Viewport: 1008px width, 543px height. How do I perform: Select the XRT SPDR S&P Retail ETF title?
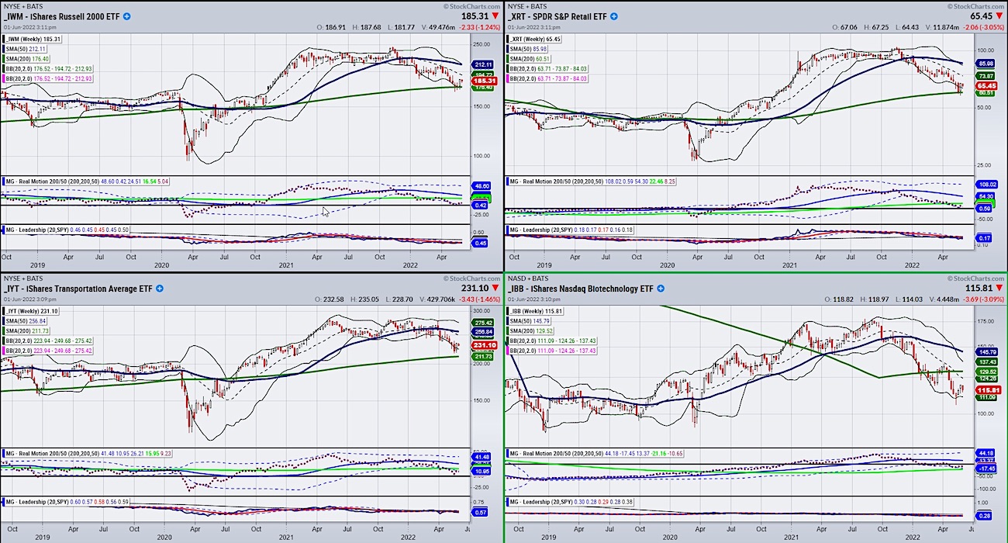564,16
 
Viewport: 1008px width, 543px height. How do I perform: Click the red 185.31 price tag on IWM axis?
483,81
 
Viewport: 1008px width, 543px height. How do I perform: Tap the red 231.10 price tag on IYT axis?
483,345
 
